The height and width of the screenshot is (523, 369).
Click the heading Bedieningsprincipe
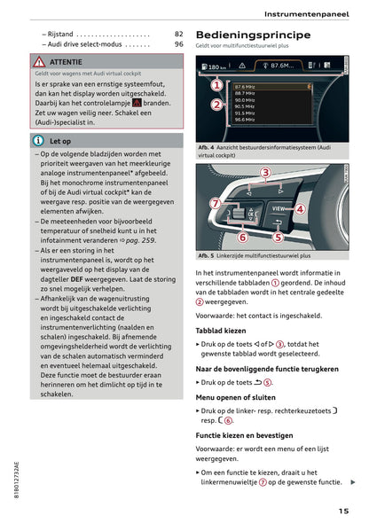coord(253,35)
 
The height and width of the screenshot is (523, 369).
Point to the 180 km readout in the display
coord(216,67)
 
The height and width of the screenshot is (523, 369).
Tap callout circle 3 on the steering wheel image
coord(265,172)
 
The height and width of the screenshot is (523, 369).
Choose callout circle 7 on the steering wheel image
coord(214,204)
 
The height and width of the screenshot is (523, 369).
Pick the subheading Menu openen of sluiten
coord(237,398)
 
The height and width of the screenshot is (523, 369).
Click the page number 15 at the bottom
coord(342,510)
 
